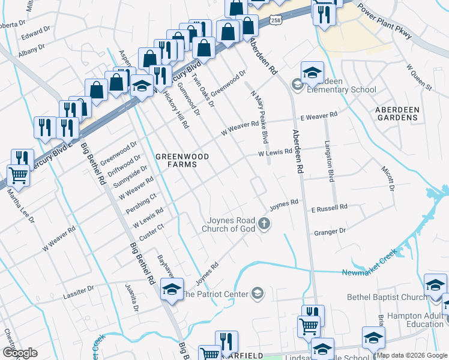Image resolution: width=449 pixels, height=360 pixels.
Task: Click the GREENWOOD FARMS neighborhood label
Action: pyautogui.click(x=182, y=160)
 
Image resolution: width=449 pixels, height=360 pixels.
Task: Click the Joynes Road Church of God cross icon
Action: pyautogui.click(x=263, y=224)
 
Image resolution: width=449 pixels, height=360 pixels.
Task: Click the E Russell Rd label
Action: pyautogui.click(x=329, y=208)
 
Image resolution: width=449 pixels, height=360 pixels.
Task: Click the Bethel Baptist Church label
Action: pyautogui.click(x=386, y=297)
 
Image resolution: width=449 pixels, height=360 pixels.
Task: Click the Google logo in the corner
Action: pyautogui.click(x=20, y=353)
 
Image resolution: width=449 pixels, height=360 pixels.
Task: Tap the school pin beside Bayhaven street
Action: pyautogui.click(x=172, y=290)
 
